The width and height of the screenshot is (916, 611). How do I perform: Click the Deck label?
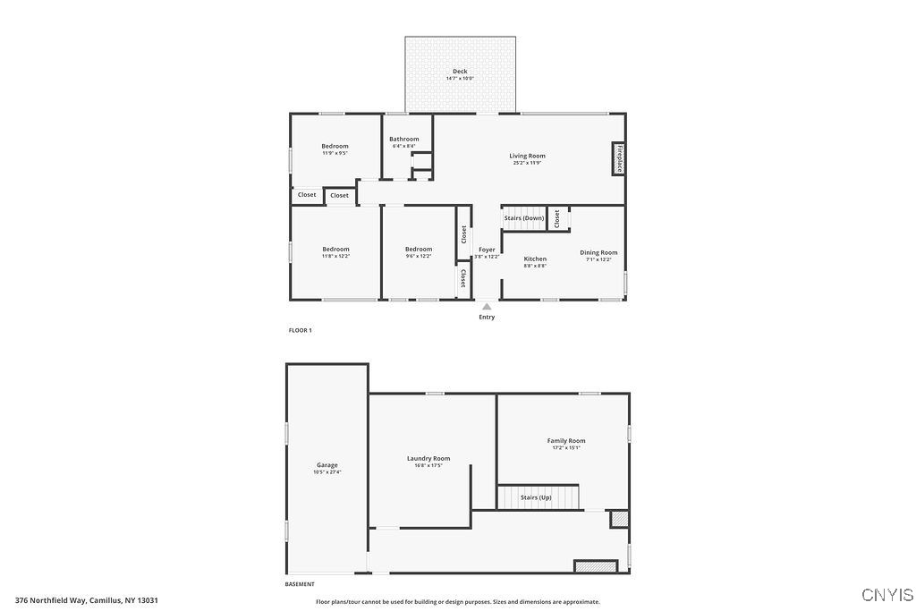[x=460, y=71]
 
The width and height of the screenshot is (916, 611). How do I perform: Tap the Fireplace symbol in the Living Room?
[x=618, y=158]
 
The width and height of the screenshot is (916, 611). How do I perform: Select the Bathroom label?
[x=403, y=139]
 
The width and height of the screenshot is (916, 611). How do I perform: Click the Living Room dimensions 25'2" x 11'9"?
[x=528, y=163]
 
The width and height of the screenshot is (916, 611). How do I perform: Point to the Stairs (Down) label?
[x=523, y=218]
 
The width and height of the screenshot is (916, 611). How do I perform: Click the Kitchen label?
[x=535, y=259]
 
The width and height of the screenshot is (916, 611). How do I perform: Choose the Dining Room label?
[x=598, y=252]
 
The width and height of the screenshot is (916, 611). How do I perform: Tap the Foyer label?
[x=487, y=250]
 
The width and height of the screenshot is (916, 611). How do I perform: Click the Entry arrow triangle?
[x=487, y=306]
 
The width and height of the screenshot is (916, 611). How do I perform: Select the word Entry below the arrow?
[x=487, y=317]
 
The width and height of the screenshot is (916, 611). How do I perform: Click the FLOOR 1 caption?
[x=300, y=330]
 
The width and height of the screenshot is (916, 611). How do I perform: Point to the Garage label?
[x=327, y=464]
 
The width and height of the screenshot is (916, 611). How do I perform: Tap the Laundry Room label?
[x=428, y=458]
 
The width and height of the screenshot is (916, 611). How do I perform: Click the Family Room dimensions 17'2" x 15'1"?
[x=566, y=447]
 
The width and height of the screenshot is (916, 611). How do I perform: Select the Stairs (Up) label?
[x=536, y=496]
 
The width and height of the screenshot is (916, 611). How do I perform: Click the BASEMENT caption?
[x=300, y=584]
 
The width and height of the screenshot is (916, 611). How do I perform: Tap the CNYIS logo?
[x=887, y=595]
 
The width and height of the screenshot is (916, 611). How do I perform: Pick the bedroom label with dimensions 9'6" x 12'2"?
[x=419, y=249]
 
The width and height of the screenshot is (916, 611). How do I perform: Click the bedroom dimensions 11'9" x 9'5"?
[x=335, y=153]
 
